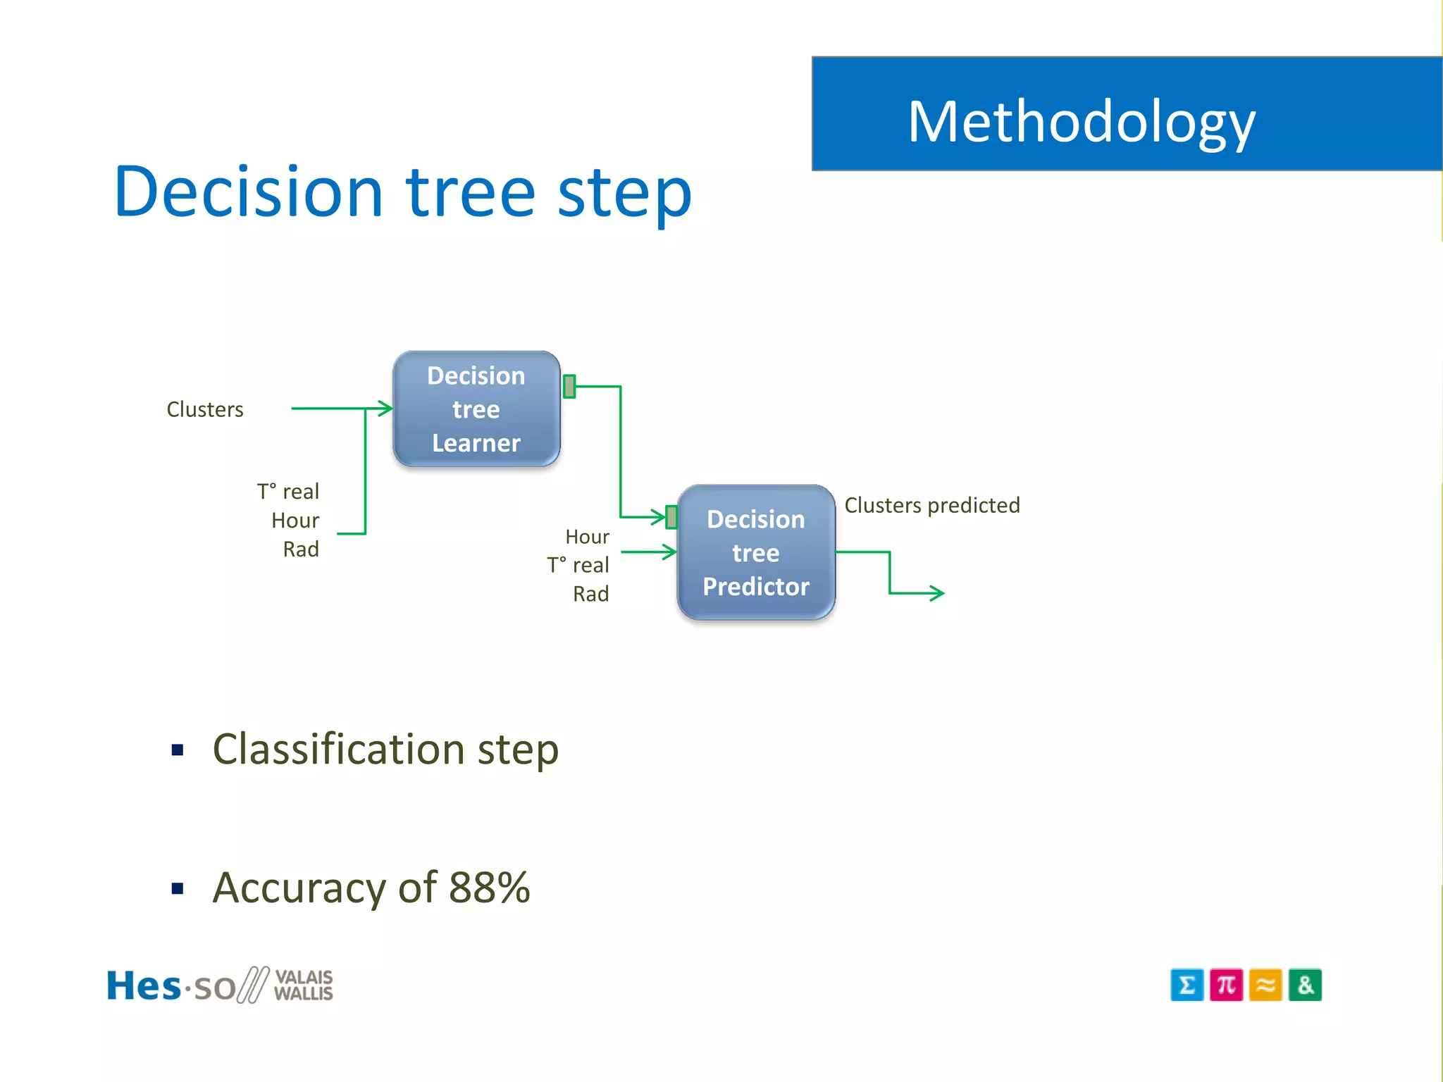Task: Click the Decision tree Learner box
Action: point(476,409)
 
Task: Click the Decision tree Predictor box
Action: point(756,552)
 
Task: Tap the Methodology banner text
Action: point(1081,123)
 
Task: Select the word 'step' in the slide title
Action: point(624,193)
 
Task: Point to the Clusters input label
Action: point(205,409)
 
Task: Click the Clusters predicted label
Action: point(931,505)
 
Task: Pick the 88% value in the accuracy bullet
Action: point(489,887)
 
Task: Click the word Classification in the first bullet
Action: point(338,749)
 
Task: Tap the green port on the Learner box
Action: point(569,386)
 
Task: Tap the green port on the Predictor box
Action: point(671,517)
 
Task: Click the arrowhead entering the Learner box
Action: point(385,409)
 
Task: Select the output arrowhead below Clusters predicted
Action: point(937,593)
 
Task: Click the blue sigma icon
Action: point(1187,985)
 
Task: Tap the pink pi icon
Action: point(1226,985)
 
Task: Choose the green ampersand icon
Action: point(1305,985)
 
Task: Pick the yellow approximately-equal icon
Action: point(1265,985)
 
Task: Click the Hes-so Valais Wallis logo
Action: point(219,985)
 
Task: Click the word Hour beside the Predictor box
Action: point(587,537)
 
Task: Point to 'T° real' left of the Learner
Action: point(287,491)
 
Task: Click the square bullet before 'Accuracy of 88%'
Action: point(178,889)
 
